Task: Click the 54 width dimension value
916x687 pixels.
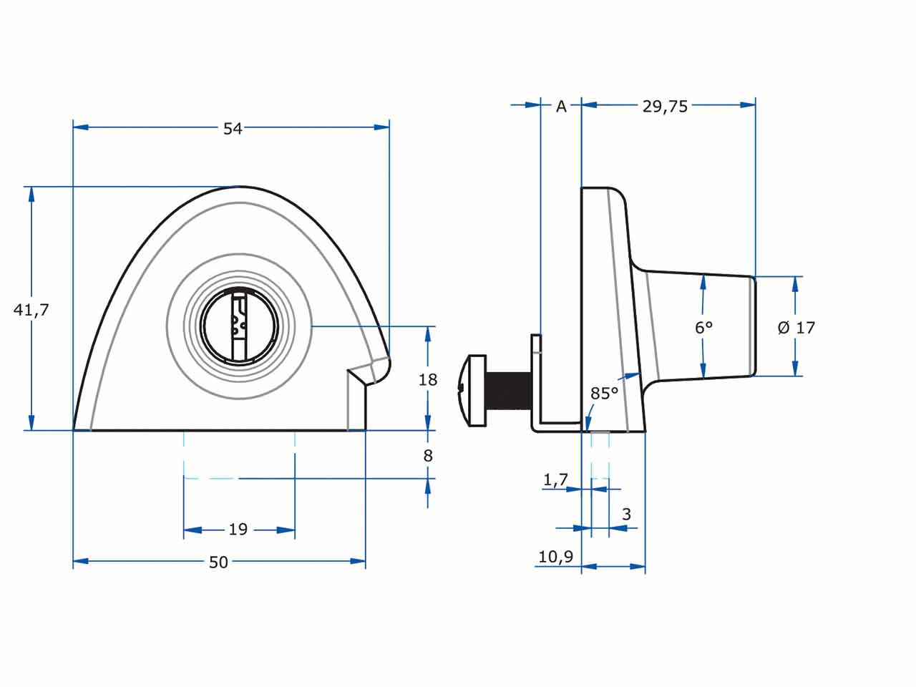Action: coord(233,129)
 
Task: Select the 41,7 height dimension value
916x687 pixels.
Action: coord(32,310)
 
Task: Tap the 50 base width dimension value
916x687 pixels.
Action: coord(219,562)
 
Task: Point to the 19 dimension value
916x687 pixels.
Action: coord(238,530)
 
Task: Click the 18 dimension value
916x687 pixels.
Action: coord(428,379)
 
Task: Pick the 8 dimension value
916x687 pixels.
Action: coord(428,455)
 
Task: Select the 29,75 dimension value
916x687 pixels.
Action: coord(665,107)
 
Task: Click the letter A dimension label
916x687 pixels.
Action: coord(561,107)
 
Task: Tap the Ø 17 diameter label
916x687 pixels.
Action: coord(796,328)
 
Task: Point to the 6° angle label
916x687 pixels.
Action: coord(704,328)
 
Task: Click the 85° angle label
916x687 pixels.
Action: coord(604,394)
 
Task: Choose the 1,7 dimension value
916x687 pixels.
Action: coord(555,480)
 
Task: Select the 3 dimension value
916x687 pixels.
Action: coord(627,514)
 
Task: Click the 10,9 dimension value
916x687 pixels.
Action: coord(555,556)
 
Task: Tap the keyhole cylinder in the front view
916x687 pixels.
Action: coord(239,326)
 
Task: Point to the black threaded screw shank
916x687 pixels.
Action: coord(508,390)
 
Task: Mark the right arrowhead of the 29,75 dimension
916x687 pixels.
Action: coord(748,105)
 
